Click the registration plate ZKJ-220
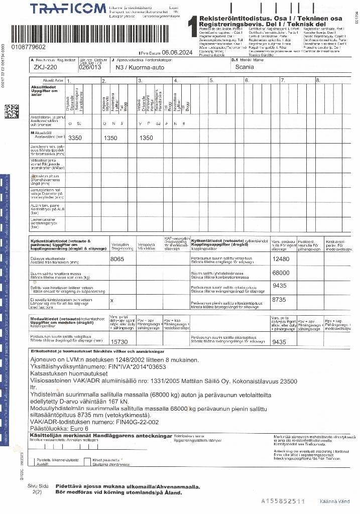pyautogui.click(x=45, y=67)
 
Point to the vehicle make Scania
pyautogui.click(x=245, y=67)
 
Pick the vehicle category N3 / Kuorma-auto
pyautogui.click(x=137, y=67)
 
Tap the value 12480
pyautogui.click(x=281, y=260)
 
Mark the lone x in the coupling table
pyautogui.click(x=111, y=300)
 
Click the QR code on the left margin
pyautogui.click(x=12, y=111)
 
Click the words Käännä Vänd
pyautogui.click(x=335, y=501)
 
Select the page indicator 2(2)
pyautogui.click(x=37, y=492)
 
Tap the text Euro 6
pyautogui.click(x=77, y=429)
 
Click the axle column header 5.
pyautogui.click(x=212, y=81)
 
